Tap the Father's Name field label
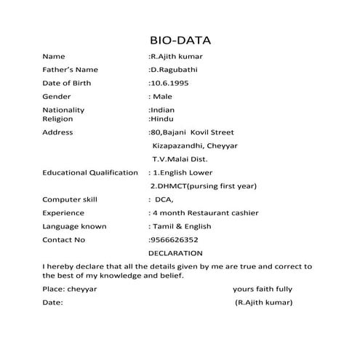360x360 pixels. (70, 70)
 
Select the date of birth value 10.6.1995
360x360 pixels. (173, 83)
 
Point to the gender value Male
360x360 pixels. (161, 97)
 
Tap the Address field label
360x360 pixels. (58, 132)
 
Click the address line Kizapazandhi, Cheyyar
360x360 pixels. (194, 145)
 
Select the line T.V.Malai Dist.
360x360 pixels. (180, 159)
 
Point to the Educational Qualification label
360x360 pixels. (90, 172)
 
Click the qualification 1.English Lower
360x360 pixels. (180, 172)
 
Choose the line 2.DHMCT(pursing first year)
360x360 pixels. (203, 186)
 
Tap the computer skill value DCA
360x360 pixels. (164, 199)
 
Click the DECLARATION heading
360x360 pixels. (175, 253)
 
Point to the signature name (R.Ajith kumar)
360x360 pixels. (263, 302)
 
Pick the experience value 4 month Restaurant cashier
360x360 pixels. (203, 213)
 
